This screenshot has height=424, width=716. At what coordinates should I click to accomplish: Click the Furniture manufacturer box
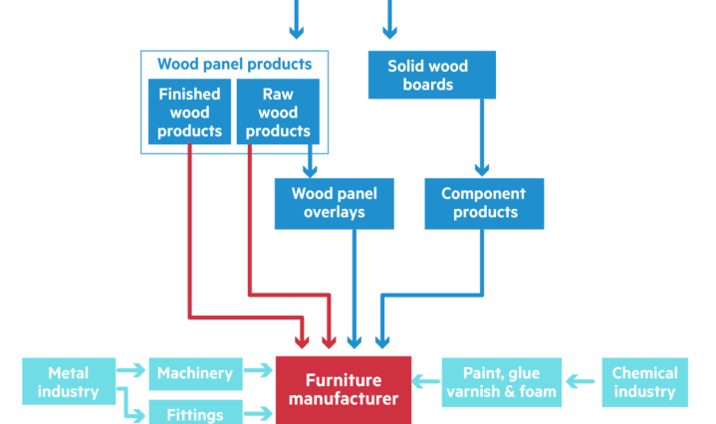point(344,389)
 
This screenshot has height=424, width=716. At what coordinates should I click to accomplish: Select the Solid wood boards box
point(427,75)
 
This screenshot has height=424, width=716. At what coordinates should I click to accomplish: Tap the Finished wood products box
point(189,111)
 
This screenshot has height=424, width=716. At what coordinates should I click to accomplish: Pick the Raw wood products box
point(278,111)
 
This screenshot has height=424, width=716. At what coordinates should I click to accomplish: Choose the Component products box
point(485,202)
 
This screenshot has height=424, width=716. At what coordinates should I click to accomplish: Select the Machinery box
point(194,374)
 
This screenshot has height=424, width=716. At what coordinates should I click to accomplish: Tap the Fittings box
point(194,410)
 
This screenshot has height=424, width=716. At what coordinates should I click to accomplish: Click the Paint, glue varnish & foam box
point(501,382)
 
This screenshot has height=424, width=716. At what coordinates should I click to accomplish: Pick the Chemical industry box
point(644,382)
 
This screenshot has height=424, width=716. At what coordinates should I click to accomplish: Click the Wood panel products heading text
point(234,64)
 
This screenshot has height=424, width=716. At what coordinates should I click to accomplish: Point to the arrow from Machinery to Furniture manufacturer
point(258,374)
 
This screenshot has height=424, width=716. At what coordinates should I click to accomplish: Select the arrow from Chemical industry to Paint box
point(582,380)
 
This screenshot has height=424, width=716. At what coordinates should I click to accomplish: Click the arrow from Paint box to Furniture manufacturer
point(426,380)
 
